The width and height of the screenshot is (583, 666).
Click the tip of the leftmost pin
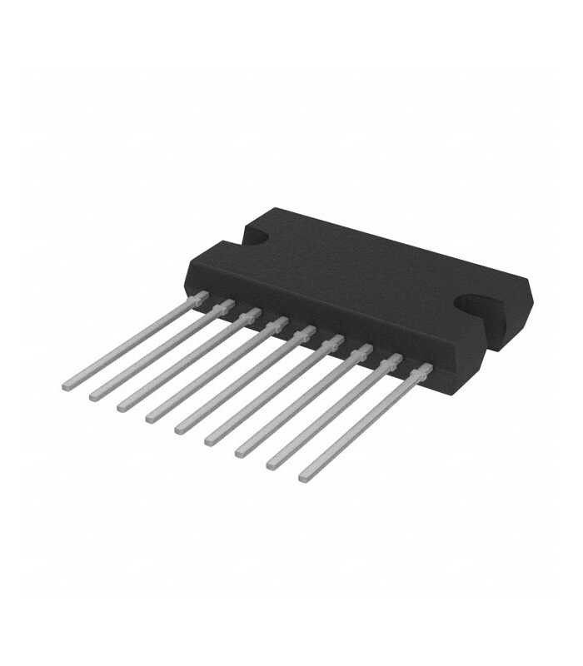coord(67,385)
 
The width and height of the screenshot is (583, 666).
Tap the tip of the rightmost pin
coord(303,479)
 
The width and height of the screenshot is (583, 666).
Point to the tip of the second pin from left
coord(93,395)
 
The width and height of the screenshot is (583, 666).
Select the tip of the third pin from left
coord(121,406)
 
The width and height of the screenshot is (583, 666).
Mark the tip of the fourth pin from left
coord(150,418)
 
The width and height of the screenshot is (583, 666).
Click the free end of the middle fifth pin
coord(178,430)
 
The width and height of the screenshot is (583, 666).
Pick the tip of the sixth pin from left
coord(208,441)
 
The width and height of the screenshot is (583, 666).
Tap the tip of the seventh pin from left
coord(239,454)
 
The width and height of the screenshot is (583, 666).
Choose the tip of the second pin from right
coord(271,466)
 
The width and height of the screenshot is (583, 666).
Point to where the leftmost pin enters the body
coord(200,296)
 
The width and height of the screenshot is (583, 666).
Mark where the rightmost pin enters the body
coord(426,367)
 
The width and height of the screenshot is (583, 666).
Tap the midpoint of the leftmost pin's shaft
coord(133,340)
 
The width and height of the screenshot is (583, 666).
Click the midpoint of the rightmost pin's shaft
coord(365,423)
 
